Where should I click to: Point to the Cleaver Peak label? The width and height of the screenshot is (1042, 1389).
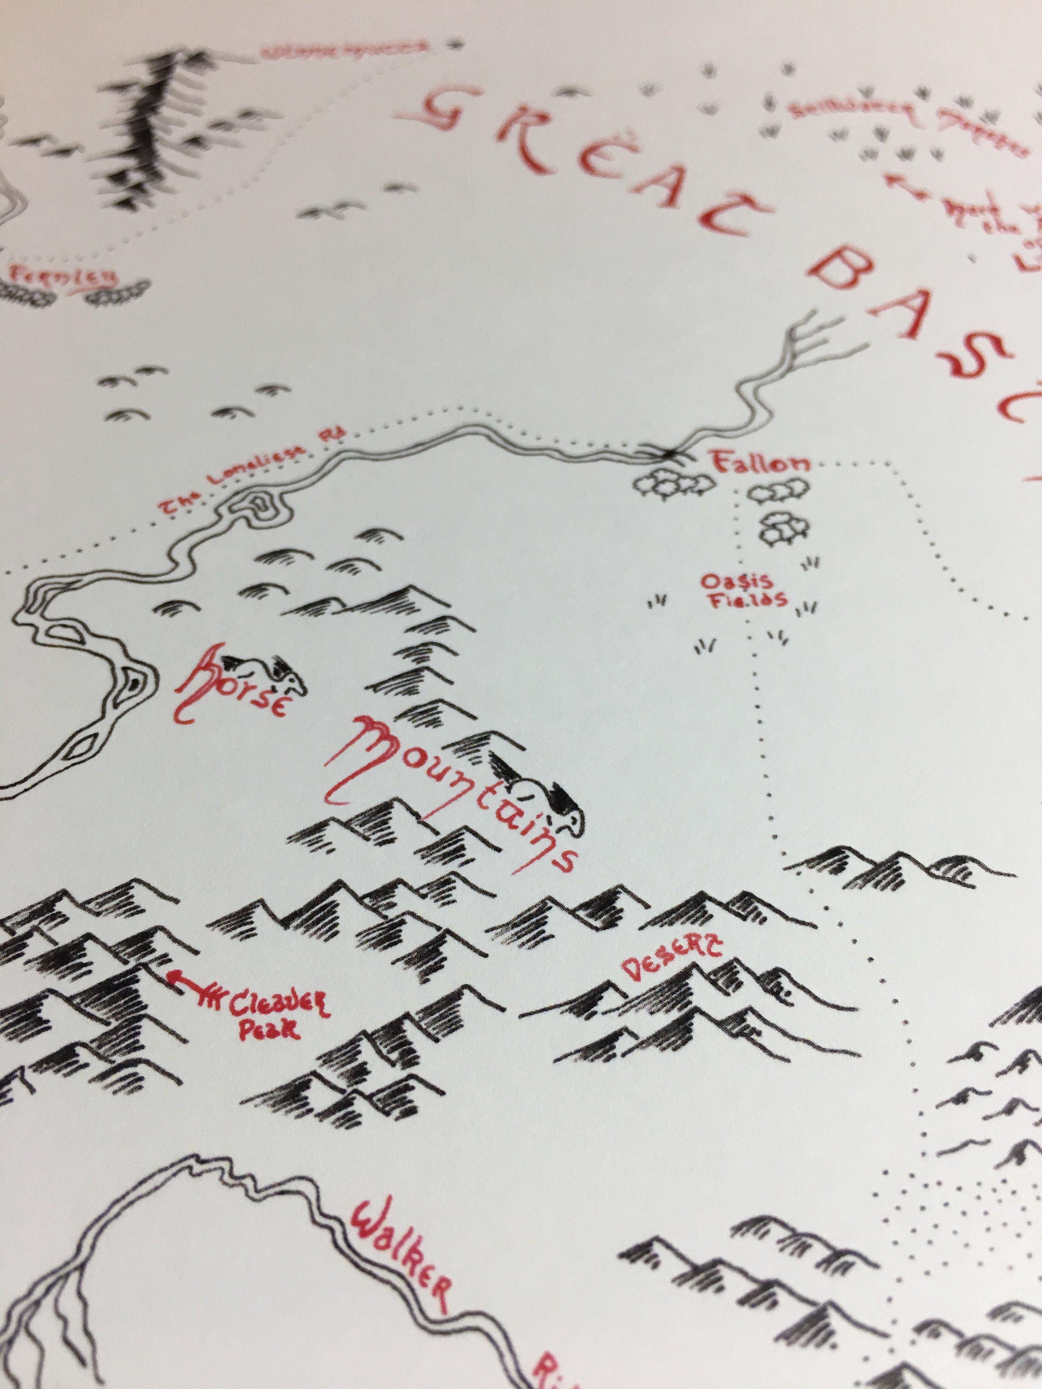[x=267, y=1018]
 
